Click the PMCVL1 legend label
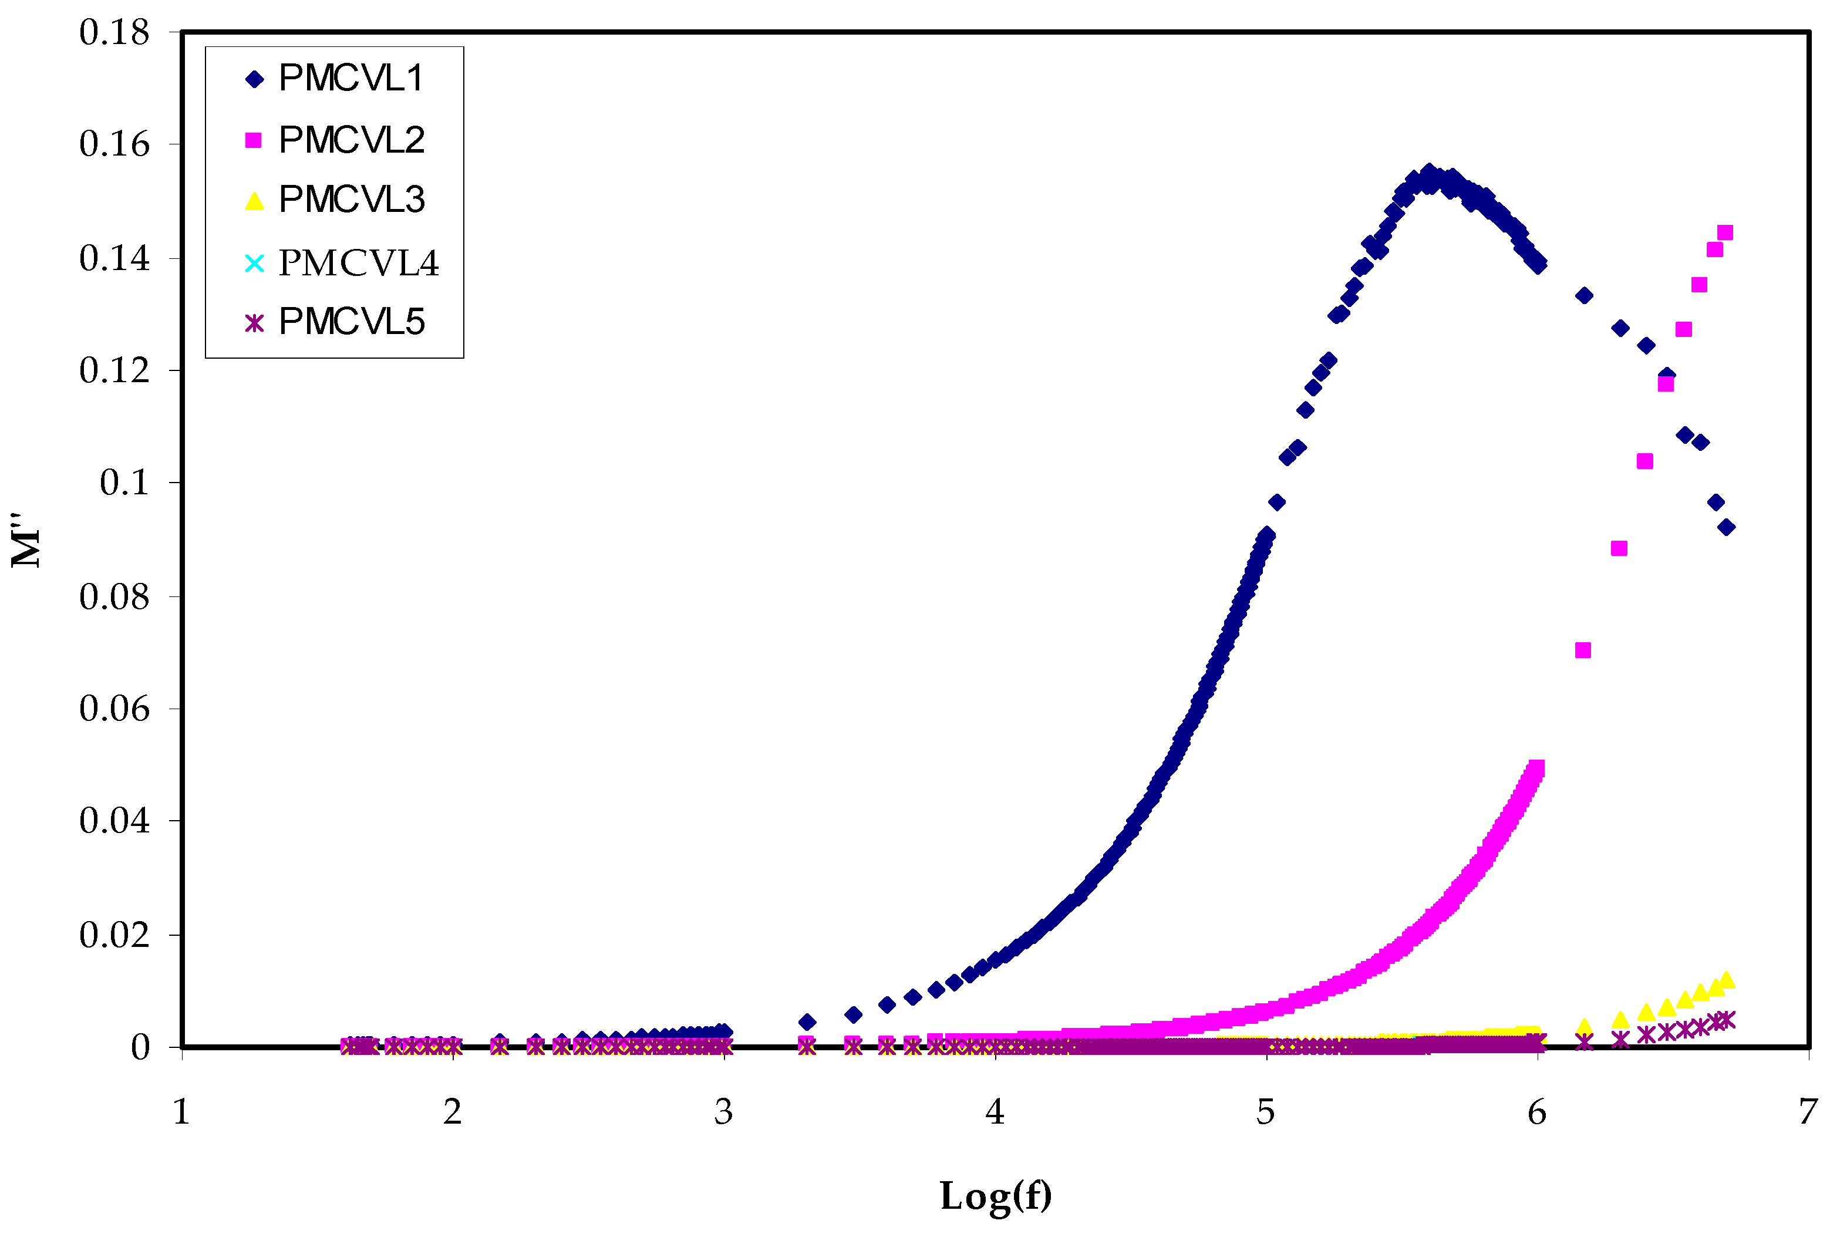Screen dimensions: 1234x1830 point(351,78)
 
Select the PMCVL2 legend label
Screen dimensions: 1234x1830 point(351,140)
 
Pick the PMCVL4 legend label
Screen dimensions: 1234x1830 point(358,263)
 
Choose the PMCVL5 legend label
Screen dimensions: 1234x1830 point(351,322)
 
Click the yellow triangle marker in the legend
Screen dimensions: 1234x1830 point(254,201)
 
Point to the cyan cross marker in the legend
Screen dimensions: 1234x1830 point(254,263)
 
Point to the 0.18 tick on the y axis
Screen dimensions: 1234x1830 point(114,33)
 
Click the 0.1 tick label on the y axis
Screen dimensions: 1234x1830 point(124,483)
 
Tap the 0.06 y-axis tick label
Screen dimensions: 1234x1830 point(114,709)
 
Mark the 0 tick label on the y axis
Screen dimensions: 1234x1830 point(140,1047)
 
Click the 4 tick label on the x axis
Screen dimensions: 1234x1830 point(995,1112)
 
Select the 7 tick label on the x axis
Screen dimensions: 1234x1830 point(1808,1112)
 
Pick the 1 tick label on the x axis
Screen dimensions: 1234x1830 point(182,1112)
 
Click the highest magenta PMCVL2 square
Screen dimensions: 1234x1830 point(1724,232)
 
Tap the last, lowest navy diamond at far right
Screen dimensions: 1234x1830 point(1726,527)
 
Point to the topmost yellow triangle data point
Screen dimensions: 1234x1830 point(1726,980)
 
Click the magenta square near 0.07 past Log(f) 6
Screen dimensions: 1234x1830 point(1583,650)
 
